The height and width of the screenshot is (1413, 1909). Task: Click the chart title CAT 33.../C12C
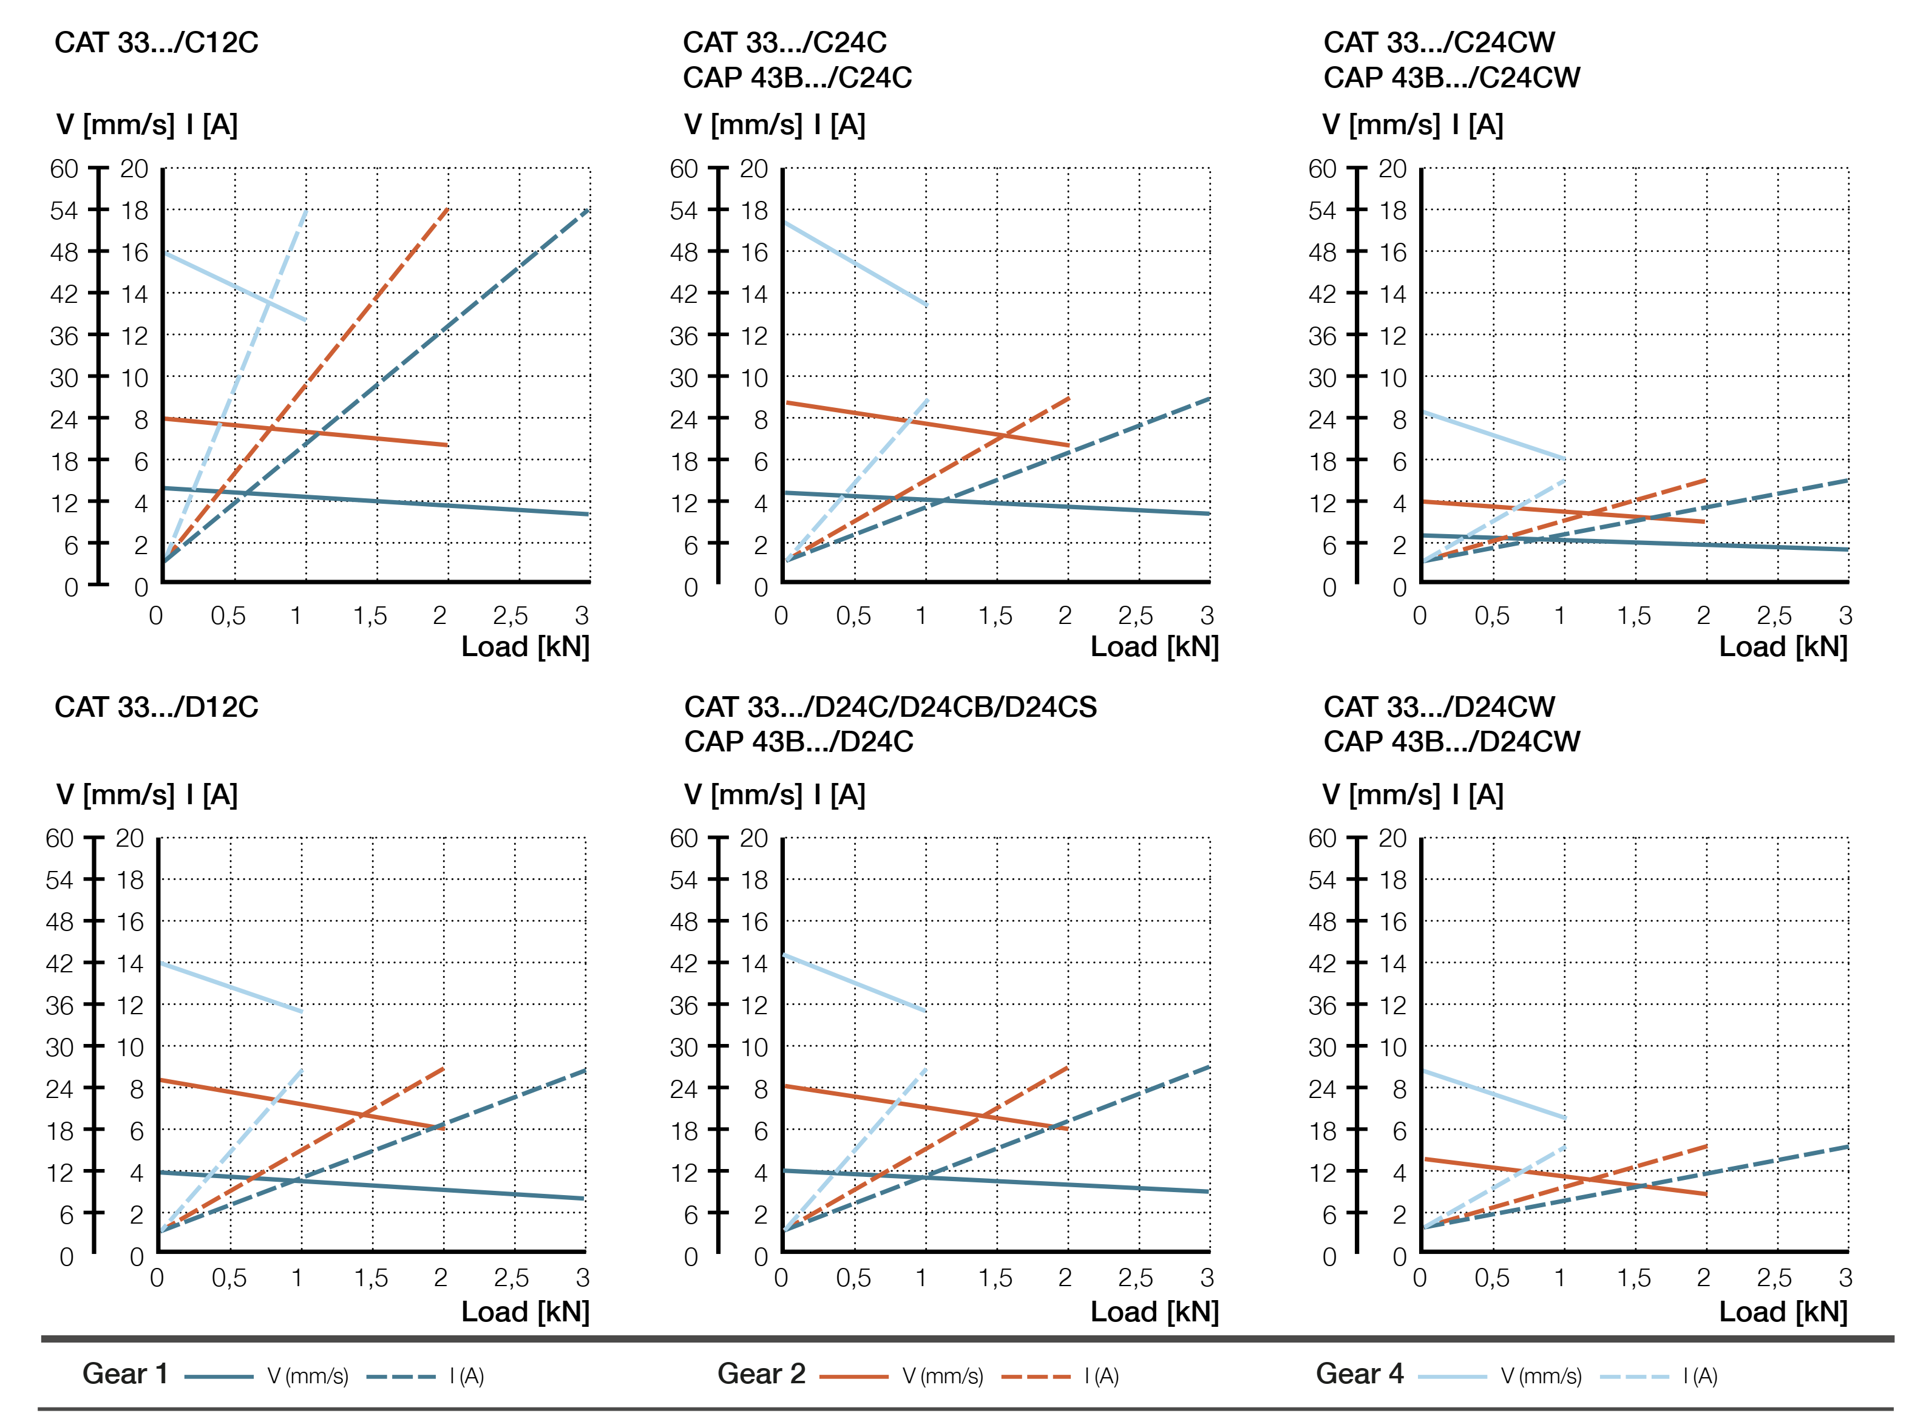[157, 42]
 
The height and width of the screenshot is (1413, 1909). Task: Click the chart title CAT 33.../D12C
[157, 707]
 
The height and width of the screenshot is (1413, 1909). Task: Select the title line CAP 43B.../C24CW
[1451, 78]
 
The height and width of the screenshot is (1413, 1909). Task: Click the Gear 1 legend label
[125, 1374]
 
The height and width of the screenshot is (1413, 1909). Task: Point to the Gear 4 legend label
[1359, 1374]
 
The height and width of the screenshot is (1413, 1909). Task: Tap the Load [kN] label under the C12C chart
[525, 646]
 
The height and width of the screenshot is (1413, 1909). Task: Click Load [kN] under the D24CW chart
[1783, 1312]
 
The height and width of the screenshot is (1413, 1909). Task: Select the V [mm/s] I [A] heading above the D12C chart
[147, 795]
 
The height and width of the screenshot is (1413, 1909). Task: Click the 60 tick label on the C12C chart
[64, 169]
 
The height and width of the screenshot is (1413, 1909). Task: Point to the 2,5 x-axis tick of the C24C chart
[1135, 616]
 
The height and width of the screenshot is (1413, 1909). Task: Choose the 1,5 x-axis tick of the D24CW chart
[1633, 1278]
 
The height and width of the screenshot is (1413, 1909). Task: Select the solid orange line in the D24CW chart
[1564, 1177]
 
